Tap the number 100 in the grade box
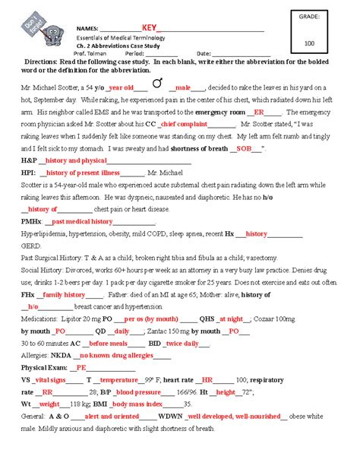click(x=309, y=43)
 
